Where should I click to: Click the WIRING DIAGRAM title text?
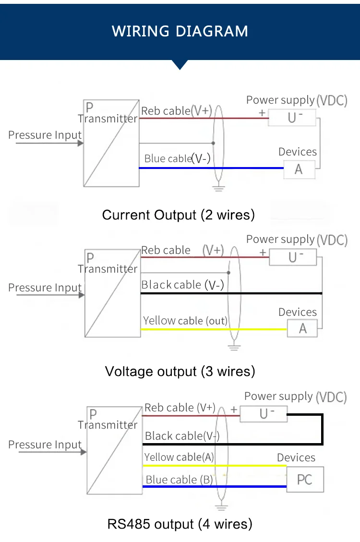pos(180,31)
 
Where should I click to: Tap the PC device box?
pos(305,479)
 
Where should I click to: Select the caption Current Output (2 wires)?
pos(178,215)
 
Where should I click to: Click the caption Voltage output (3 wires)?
pos(180,371)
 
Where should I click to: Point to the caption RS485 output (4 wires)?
pos(180,524)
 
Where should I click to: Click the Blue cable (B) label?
pos(179,480)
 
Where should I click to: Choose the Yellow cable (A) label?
pos(179,458)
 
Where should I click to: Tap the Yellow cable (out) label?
pos(185,321)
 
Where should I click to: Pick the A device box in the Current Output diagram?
pos(299,169)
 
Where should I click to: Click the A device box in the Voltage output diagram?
pos(302,329)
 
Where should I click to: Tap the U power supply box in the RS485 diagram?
pos(264,413)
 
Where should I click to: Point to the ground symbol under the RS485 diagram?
pos(221,507)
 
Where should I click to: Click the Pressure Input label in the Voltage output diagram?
pos(45,288)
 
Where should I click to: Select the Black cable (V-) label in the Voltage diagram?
pos(182,285)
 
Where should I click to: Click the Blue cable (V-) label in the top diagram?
pos(177,158)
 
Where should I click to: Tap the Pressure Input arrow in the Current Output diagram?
pos(48,143)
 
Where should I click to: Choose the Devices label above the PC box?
pos(296,458)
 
